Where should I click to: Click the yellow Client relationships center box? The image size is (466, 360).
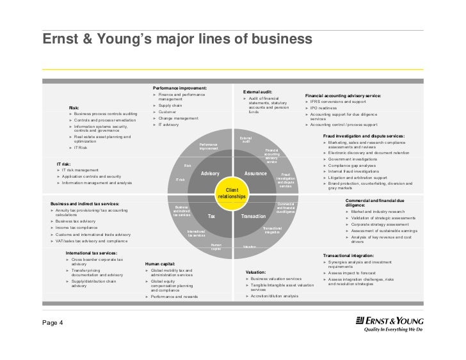pos(228,193)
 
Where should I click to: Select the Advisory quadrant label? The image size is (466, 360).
pos(210,174)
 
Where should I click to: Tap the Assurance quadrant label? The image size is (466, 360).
pos(255,174)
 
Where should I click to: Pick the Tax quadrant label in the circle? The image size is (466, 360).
pos(211,217)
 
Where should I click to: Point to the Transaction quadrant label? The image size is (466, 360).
pos(253,217)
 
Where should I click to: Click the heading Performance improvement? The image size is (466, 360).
pos(179,87)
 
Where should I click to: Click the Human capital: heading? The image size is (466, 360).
pos(159,263)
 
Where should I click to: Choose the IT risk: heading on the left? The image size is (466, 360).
pos(64,164)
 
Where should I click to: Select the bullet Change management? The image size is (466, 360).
pos(179,118)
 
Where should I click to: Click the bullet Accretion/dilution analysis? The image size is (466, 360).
pos(275,296)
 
